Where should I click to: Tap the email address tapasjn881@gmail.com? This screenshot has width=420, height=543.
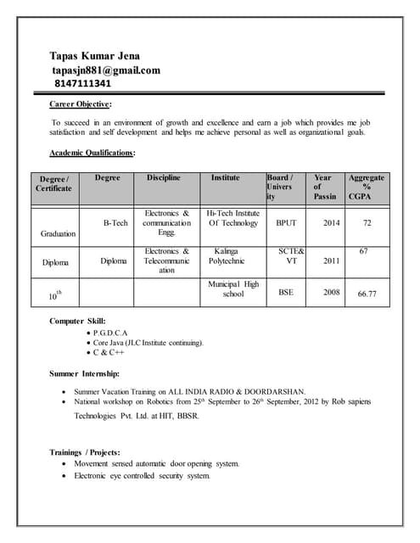click(105, 70)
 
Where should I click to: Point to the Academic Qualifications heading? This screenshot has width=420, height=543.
click(92, 153)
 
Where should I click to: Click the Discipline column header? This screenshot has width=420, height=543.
click(164, 178)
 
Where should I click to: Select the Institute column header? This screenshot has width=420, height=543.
click(226, 178)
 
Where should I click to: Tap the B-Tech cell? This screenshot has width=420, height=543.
click(115, 223)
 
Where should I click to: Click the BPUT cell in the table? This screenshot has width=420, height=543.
click(287, 223)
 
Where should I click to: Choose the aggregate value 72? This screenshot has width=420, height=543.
click(367, 223)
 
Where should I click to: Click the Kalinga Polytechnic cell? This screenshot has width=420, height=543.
click(227, 257)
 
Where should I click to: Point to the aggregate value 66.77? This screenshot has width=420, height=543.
click(367, 294)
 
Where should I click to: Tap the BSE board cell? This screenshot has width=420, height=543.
click(287, 291)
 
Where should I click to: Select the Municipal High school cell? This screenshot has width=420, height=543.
click(233, 289)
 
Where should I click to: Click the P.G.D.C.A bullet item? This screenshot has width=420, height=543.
click(110, 333)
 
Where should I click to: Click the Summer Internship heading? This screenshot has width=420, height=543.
click(84, 373)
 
